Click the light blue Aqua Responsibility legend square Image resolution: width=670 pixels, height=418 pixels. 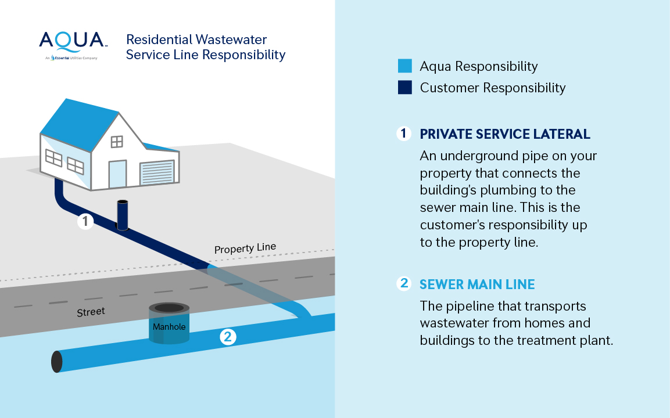(405, 66)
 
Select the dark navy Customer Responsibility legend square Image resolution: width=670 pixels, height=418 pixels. (405, 88)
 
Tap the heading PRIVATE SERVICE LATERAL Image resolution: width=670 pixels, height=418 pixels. (504, 134)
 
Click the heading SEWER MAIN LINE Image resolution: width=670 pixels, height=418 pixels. (476, 284)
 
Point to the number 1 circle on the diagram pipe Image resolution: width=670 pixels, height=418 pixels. (85, 221)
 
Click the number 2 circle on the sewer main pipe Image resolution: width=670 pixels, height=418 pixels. (228, 336)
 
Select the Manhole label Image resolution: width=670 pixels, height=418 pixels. (169, 327)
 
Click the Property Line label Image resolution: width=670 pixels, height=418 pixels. (245, 248)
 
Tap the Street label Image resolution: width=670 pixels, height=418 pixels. (91, 312)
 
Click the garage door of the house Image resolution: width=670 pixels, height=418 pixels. (157, 173)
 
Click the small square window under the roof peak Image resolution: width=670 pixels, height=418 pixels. (117, 142)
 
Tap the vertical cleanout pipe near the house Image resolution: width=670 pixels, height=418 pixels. (122, 215)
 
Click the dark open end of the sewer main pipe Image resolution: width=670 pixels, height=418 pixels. (56, 361)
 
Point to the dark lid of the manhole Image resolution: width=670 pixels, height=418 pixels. (169, 308)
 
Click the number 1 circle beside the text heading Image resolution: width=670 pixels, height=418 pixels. (404, 134)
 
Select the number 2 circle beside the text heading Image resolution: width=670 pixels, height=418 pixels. (404, 284)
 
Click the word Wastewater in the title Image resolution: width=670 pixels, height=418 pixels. (231, 39)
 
